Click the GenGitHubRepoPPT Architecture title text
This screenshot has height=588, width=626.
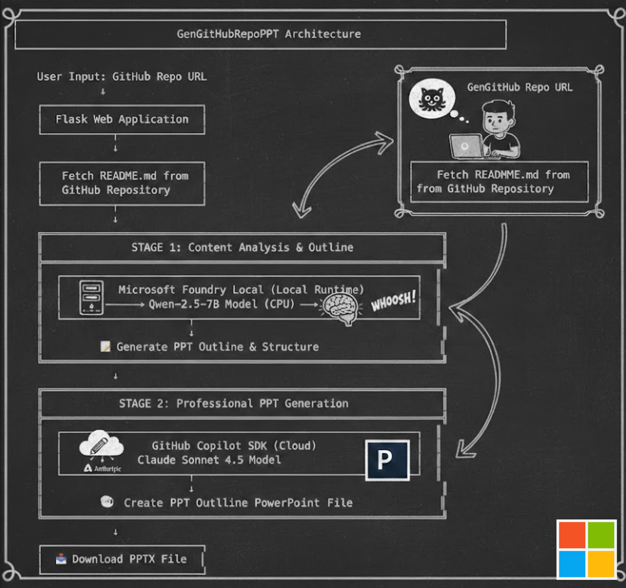coord(269,34)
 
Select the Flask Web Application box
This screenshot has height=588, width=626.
coord(122,119)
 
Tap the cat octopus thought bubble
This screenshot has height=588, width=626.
coord(432,98)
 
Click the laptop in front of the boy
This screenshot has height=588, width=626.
coord(467,146)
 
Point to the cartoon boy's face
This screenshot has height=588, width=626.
coord(497,120)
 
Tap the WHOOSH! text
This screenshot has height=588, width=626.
coord(394,301)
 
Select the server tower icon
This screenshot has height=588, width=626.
coord(91,297)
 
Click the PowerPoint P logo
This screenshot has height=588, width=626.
coord(387,460)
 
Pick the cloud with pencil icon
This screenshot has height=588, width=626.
coord(102,444)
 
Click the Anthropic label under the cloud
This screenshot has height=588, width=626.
coord(103,468)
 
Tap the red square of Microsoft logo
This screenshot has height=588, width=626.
coord(571,535)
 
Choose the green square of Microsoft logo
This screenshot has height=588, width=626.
coord(601,535)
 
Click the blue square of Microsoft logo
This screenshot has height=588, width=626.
coord(571,564)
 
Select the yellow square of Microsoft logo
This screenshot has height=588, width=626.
coord(601,564)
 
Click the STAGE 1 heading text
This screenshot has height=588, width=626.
coord(243,247)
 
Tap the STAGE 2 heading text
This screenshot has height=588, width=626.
coord(234,403)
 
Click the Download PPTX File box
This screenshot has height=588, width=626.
coord(122,559)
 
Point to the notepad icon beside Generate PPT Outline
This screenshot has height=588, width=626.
coord(105,346)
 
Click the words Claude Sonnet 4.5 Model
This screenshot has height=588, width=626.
coord(209,460)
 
